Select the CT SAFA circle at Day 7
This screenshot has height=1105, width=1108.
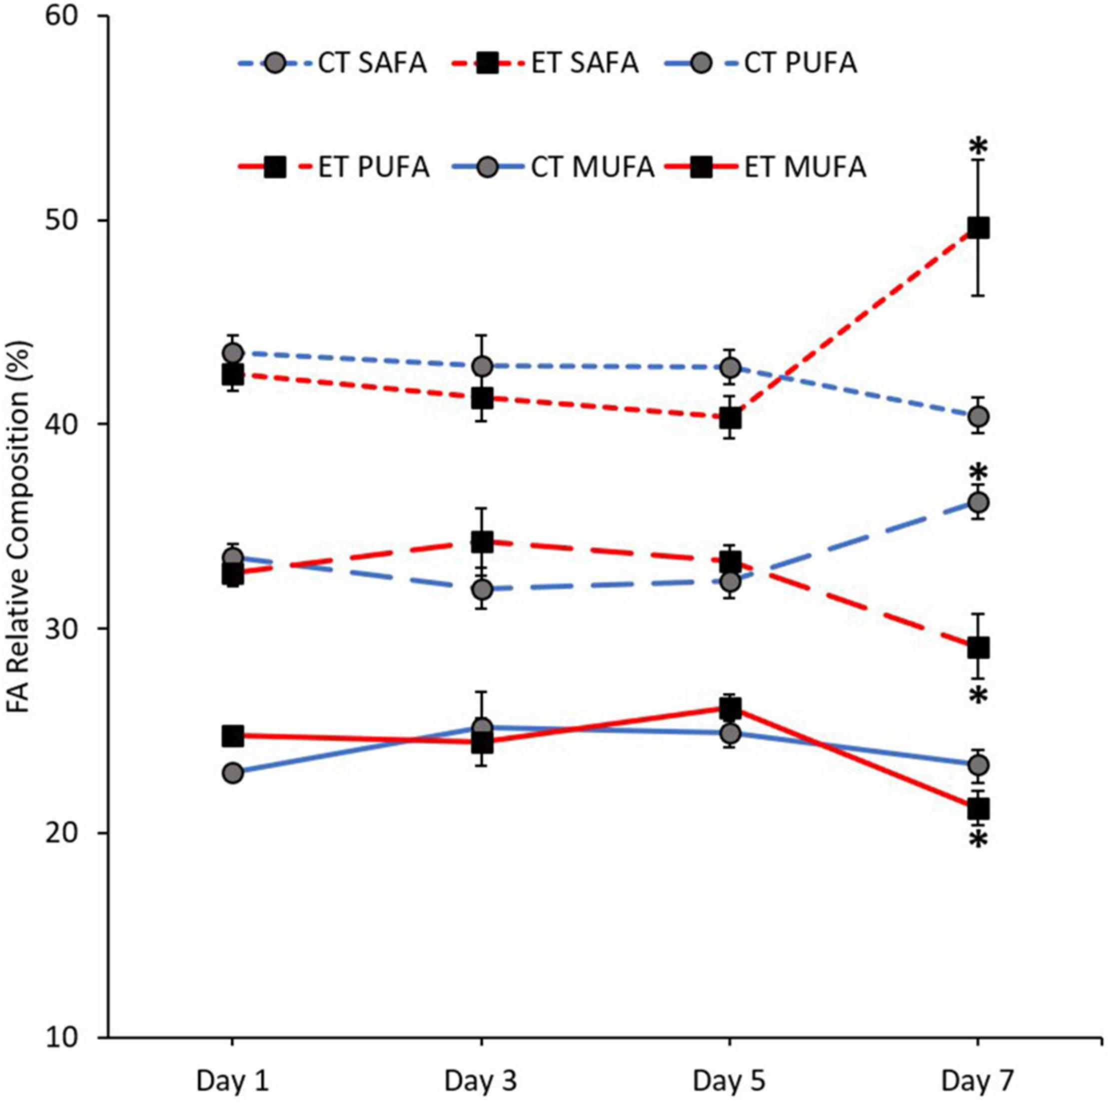tap(978, 415)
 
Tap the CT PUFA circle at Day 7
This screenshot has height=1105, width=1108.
tap(978, 502)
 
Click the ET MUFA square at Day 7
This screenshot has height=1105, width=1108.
tap(978, 809)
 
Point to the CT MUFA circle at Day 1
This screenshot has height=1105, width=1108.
tap(232, 773)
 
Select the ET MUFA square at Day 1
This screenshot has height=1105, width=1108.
tap(232, 735)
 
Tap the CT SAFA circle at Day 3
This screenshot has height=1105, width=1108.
tap(482, 366)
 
